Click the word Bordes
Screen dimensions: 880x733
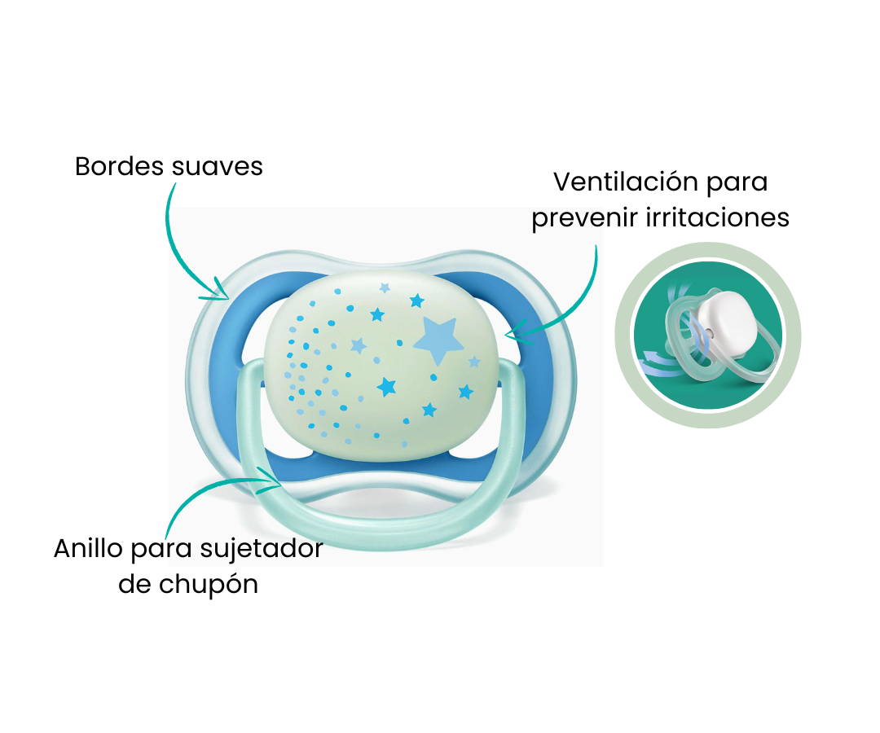click(x=119, y=167)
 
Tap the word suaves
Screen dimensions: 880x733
click(x=217, y=167)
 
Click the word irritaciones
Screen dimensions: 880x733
click(x=718, y=217)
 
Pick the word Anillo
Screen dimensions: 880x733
click(x=88, y=548)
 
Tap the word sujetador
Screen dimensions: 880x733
click(x=262, y=549)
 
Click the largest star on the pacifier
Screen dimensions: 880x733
click(x=436, y=340)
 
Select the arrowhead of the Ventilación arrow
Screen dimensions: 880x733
click(x=512, y=334)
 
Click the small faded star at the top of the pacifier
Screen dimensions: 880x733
click(x=385, y=287)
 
